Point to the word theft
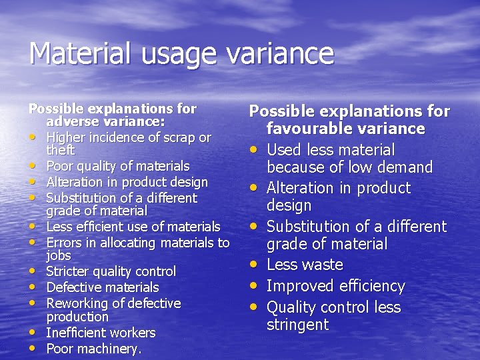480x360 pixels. point(60,151)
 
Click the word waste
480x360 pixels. point(321,265)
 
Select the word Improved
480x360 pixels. point(300,287)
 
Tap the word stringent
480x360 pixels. point(297,325)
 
